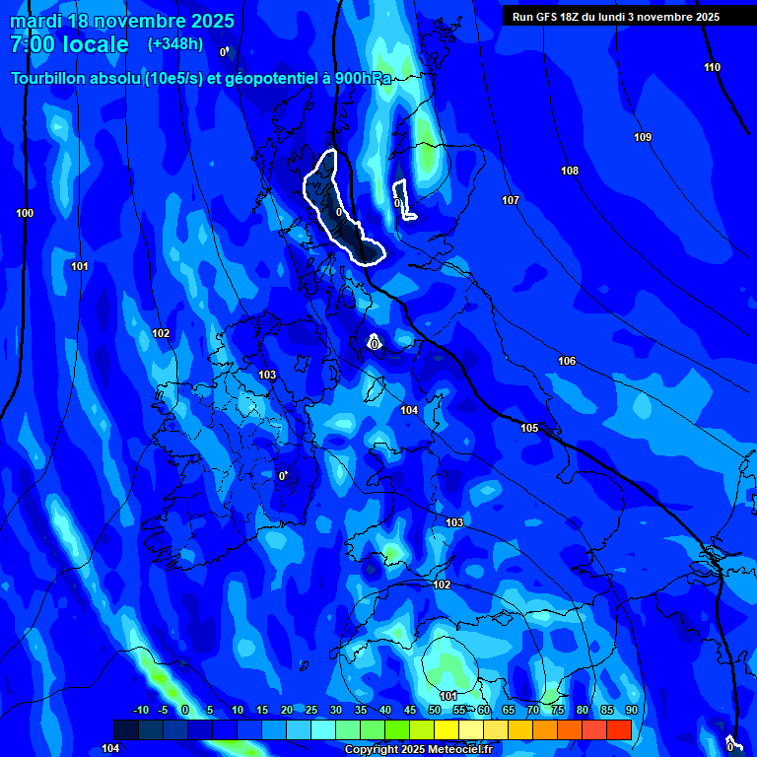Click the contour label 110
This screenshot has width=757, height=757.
point(712,67)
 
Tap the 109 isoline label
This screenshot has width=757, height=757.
point(643,137)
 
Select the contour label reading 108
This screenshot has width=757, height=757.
point(570,171)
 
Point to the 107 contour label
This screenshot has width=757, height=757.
point(510,200)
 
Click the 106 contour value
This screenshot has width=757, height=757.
point(567,361)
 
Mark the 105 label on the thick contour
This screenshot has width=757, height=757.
point(529,428)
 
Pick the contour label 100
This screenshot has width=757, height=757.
point(25,213)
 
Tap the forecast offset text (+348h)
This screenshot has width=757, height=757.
point(175,44)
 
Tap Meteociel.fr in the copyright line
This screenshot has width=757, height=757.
point(457,750)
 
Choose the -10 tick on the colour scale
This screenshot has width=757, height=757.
point(140,710)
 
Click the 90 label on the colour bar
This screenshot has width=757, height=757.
point(631,710)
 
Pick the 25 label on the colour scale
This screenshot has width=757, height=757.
point(310,710)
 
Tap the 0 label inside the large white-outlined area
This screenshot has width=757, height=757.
point(338,212)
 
